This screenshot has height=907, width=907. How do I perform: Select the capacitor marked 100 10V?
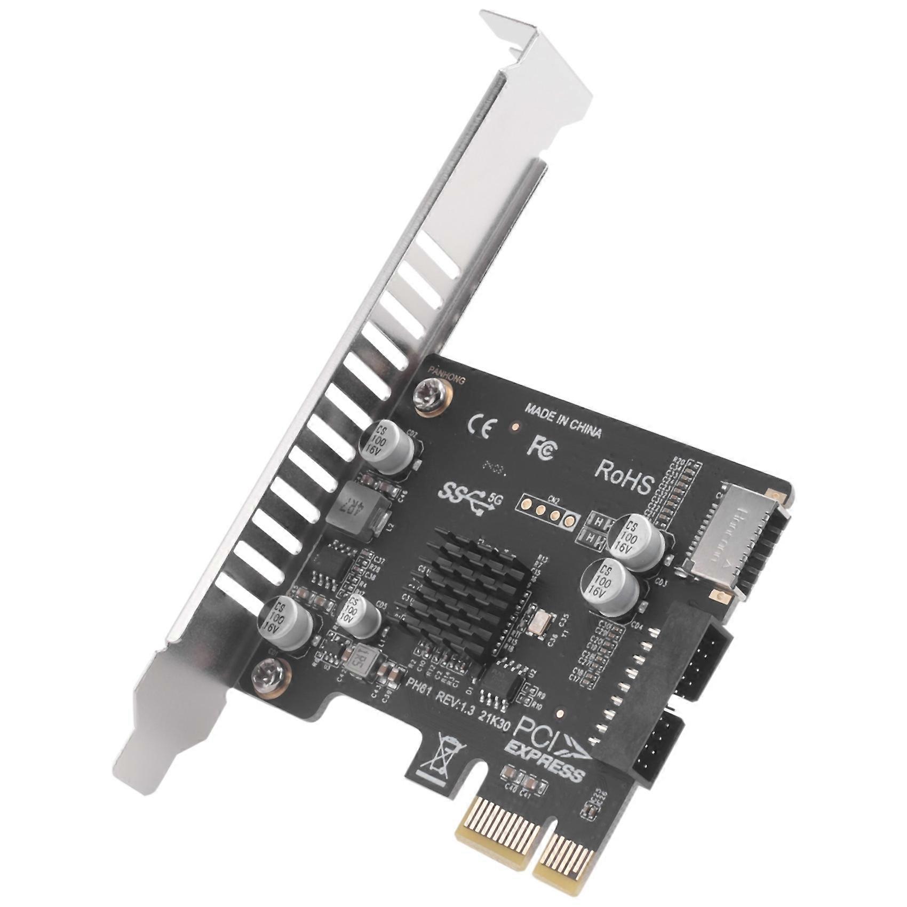click(x=358, y=617)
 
